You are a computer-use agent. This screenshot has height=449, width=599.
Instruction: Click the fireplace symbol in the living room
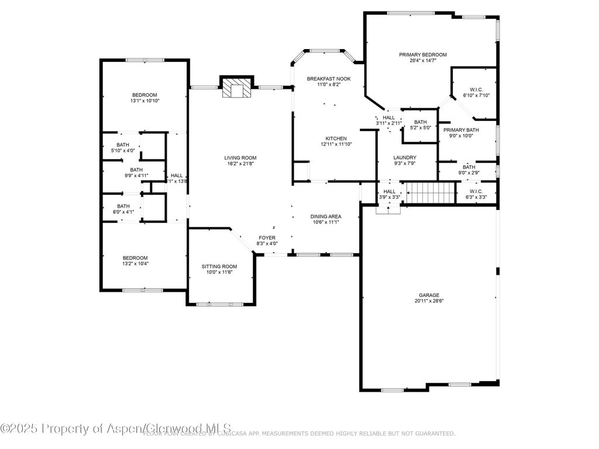pos(237,88)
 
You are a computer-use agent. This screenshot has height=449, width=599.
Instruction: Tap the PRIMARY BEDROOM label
pos(422,55)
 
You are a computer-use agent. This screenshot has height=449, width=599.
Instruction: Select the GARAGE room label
pos(429,295)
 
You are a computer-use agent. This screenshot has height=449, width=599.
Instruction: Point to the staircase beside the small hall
pos(431,192)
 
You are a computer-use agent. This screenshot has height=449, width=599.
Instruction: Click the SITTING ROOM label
pos(220,266)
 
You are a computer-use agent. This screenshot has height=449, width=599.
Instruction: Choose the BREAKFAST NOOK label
pos(329,78)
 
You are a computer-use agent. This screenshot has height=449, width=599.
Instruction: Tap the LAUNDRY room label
pos(405,157)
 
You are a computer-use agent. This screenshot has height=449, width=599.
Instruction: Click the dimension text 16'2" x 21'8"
pos(240,164)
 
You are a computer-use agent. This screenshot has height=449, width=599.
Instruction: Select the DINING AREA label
pos(325,216)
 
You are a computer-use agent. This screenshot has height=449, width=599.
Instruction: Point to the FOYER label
pos(267,237)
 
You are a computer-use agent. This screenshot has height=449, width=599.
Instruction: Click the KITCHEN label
pos(336,139)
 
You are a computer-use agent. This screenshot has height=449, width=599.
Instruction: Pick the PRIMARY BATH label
pos(461,130)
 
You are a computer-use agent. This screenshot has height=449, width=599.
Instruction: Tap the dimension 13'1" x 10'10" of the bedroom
pos(144,101)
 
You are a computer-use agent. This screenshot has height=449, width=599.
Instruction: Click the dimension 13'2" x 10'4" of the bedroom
pos(135,264)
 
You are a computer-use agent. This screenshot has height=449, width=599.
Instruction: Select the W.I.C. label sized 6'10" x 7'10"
pos(476,89)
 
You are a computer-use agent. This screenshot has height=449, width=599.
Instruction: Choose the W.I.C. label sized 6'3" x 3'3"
pos(476,191)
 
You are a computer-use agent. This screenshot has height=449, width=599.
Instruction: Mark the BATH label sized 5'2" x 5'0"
pos(420,122)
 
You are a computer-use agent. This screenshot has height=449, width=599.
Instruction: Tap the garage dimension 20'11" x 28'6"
pos(429,302)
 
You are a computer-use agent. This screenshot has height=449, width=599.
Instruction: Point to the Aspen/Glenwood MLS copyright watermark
pos(116,429)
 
